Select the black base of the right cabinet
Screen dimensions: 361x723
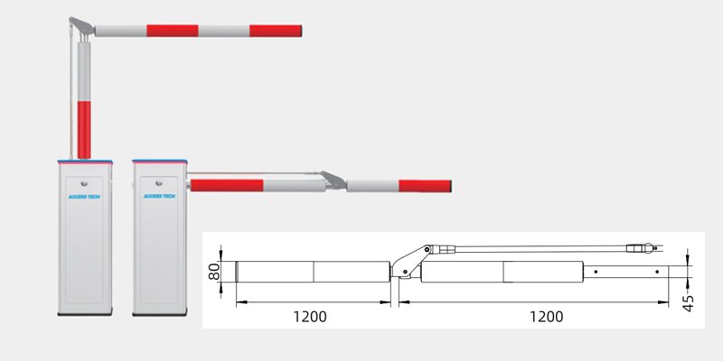click(x=160, y=314)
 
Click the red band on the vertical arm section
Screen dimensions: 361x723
click(x=83, y=125)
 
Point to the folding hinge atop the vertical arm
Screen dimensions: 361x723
click(x=81, y=26)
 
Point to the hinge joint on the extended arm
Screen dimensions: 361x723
click(x=333, y=180)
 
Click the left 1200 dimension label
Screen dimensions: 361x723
click(x=310, y=317)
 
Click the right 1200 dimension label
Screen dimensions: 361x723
click(x=545, y=317)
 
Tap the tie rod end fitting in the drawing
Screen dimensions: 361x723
click(x=643, y=245)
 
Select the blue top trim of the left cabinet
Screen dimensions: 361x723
click(x=85, y=160)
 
